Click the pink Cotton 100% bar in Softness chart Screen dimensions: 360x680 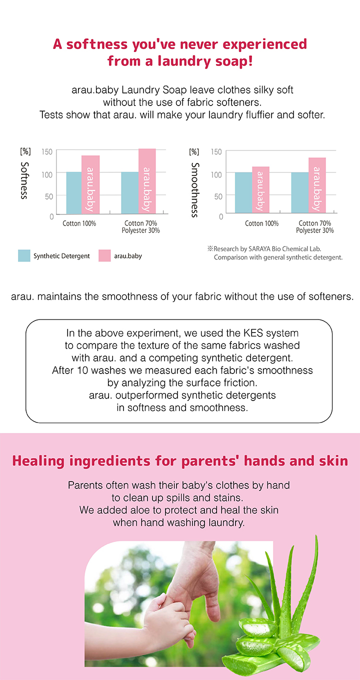point(90,184)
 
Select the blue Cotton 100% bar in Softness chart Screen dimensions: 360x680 point(74,193)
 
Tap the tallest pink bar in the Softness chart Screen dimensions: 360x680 point(147,181)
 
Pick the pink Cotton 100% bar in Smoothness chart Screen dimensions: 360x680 point(260,189)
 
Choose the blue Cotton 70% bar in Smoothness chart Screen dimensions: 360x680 point(300,192)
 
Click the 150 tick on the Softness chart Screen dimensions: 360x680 point(47,151)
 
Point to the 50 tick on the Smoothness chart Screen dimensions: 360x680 point(218,196)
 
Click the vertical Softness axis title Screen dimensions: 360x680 point(24,180)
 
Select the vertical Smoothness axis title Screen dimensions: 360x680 point(195,189)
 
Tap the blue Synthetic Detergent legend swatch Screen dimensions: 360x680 point(24,255)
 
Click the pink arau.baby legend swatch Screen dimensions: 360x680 point(104,255)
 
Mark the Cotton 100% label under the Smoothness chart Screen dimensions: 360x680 point(261,223)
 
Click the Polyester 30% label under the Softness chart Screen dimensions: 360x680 point(141,230)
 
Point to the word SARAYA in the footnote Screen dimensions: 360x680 point(259,249)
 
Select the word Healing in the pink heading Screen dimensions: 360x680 point(38,461)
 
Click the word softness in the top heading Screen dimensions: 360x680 point(97,44)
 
